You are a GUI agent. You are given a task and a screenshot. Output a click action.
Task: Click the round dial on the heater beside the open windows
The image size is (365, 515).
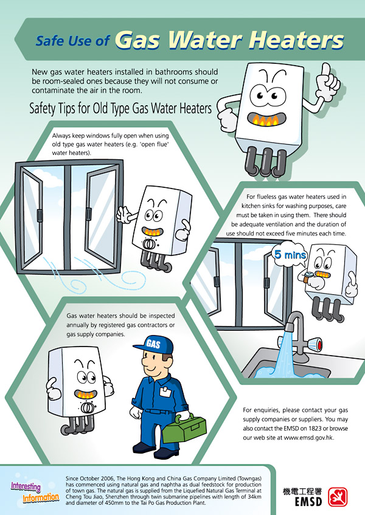148,243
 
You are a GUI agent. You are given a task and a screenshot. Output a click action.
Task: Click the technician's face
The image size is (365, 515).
156,367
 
